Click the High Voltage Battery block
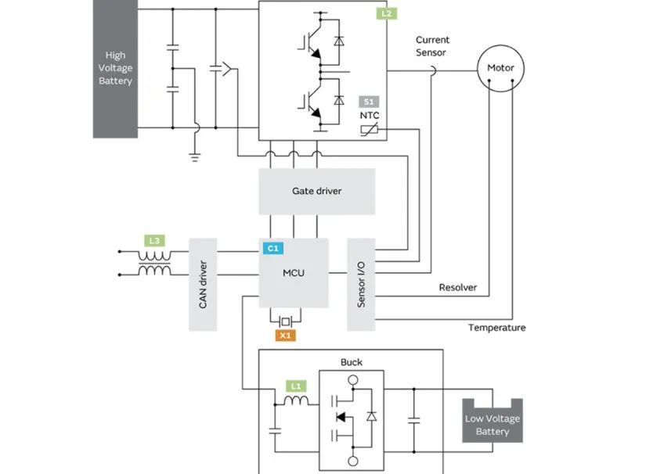[x=115, y=69]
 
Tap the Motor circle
[x=500, y=68]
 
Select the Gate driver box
[x=316, y=191]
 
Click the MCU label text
[x=294, y=273]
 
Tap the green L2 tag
[x=385, y=13]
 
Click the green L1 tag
[x=294, y=386]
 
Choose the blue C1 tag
[x=272, y=248]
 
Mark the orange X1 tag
[x=285, y=336]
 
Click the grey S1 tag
[x=368, y=101]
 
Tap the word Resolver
[x=458, y=288]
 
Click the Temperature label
[x=496, y=328]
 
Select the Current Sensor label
[x=431, y=46]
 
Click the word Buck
[x=351, y=362]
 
